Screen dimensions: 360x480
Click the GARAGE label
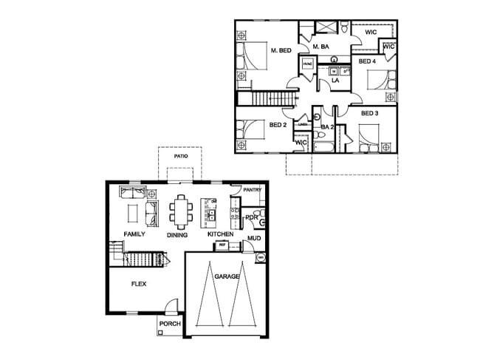(227, 276)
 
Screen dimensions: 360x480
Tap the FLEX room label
(139, 284)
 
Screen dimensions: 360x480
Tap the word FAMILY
(134, 234)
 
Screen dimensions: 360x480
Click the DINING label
(177, 235)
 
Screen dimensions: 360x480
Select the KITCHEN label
(220, 234)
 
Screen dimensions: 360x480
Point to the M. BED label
(281, 50)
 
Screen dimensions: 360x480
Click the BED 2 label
(278, 125)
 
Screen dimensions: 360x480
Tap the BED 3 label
(369, 113)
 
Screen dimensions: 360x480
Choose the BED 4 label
(367, 62)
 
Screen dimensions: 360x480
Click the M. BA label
(320, 47)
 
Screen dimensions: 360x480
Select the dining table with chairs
(181, 211)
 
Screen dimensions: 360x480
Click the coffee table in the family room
(133, 212)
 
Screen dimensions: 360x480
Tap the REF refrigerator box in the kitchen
(222, 246)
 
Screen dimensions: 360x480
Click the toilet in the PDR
(262, 218)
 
